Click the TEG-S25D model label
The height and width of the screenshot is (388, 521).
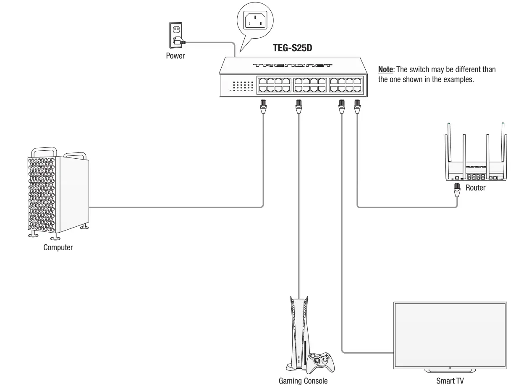click(292, 48)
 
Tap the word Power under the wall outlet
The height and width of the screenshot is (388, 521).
click(175, 56)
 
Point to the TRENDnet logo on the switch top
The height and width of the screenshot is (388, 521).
click(293, 66)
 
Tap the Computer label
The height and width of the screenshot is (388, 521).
click(58, 247)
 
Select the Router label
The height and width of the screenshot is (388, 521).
click(475, 188)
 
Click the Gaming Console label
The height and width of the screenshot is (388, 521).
click(303, 381)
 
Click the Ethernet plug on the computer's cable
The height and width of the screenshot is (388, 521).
click(263, 107)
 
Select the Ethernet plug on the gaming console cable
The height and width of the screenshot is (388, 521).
click(298, 107)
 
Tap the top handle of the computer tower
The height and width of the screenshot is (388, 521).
click(45, 151)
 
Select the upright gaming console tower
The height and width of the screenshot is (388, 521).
click(298, 332)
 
